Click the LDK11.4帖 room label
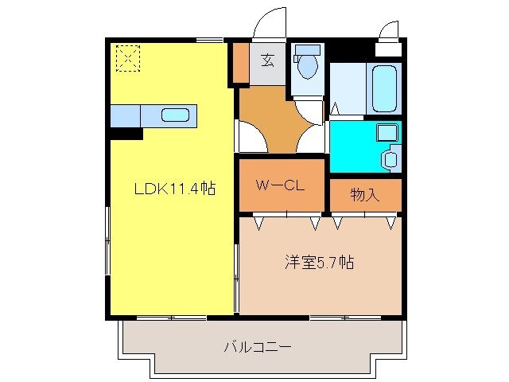(174, 189)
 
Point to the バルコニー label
(258, 347)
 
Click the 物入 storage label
(365, 195)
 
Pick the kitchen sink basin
(176, 115)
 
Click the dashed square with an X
(127, 57)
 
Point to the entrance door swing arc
(270, 21)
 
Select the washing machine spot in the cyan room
(389, 158)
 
